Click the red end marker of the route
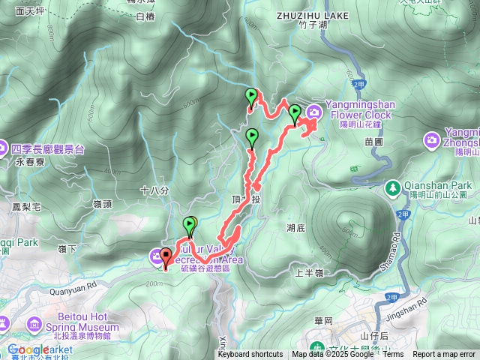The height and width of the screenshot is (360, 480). tap(165, 259)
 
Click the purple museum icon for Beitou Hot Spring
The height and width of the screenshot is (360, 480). tap(34, 324)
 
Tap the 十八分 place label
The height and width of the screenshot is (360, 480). tap(152, 190)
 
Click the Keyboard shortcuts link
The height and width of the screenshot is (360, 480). tap(250, 355)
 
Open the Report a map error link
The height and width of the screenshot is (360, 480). tap(444, 355)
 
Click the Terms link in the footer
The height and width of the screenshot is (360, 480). tap(393, 355)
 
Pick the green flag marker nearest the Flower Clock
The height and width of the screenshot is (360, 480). tap(295, 112)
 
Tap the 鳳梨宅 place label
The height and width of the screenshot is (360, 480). tap(25, 205)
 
